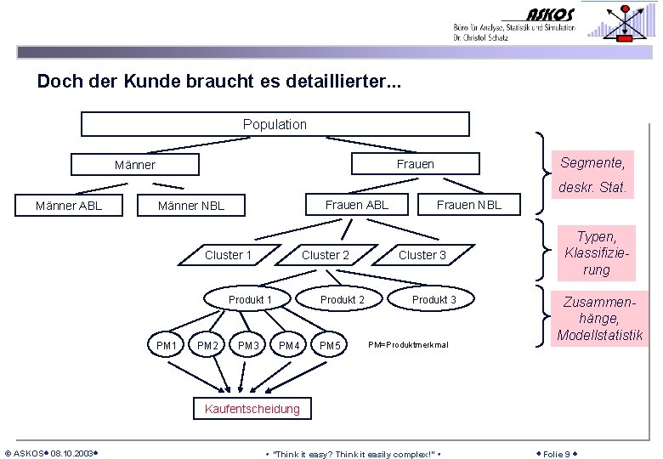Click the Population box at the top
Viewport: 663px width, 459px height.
point(275,124)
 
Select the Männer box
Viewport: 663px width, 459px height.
point(135,164)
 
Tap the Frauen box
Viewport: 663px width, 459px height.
point(415,164)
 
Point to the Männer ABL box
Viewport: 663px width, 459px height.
point(69,205)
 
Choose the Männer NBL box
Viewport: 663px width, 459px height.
point(191,206)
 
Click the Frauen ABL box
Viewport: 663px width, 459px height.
point(356,204)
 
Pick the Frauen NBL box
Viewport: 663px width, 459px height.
point(468,205)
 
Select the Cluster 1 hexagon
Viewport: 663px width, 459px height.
point(228,255)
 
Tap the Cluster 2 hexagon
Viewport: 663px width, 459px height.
point(326,255)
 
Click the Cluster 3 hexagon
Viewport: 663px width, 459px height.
point(422,255)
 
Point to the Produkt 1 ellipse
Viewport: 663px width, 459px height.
point(250,299)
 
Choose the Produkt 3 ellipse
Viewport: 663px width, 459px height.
point(434,299)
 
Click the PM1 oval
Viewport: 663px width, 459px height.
point(167,345)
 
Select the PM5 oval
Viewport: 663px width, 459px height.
point(330,345)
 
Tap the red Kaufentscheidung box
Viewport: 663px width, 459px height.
point(252,409)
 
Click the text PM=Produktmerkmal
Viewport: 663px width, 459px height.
point(408,344)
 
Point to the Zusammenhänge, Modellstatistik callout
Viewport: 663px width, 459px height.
point(600,318)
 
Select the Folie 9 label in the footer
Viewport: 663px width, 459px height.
point(557,454)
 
